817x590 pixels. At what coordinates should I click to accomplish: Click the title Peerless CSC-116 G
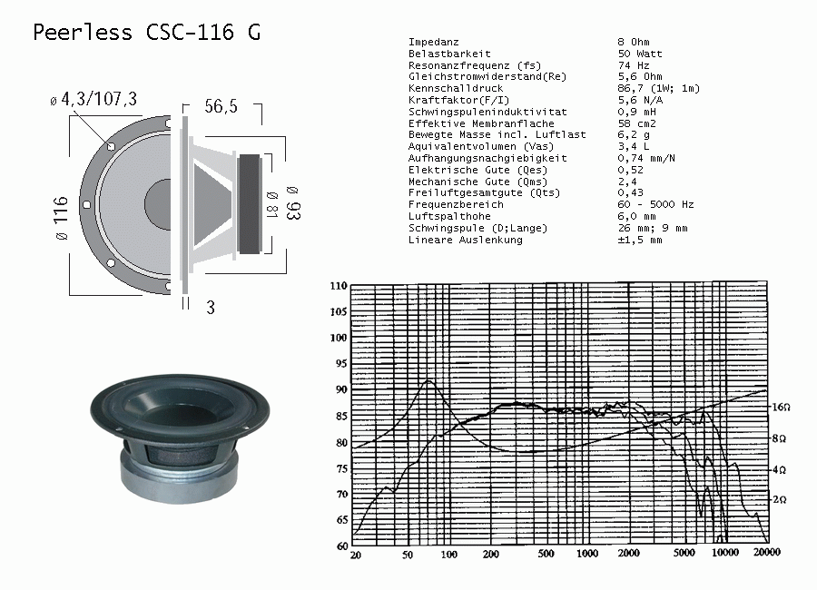click(x=146, y=33)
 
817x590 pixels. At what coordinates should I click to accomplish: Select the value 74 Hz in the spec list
click(x=634, y=65)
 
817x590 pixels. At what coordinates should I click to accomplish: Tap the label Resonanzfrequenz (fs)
click(x=475, y=65)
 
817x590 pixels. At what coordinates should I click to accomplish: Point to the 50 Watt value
click(x=640, y=54)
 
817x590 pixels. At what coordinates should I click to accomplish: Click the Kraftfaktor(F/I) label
click(x=458, y=100)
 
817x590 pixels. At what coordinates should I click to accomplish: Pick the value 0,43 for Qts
click(x=631, y=192)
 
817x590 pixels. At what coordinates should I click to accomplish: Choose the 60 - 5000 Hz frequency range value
click(x=656, y=204)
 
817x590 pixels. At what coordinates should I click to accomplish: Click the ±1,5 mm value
click(x=640, y=240)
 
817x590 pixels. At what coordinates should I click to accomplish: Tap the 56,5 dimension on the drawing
click(x=221, y=106)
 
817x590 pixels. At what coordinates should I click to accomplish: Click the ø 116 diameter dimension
click(x=61, y=219)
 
